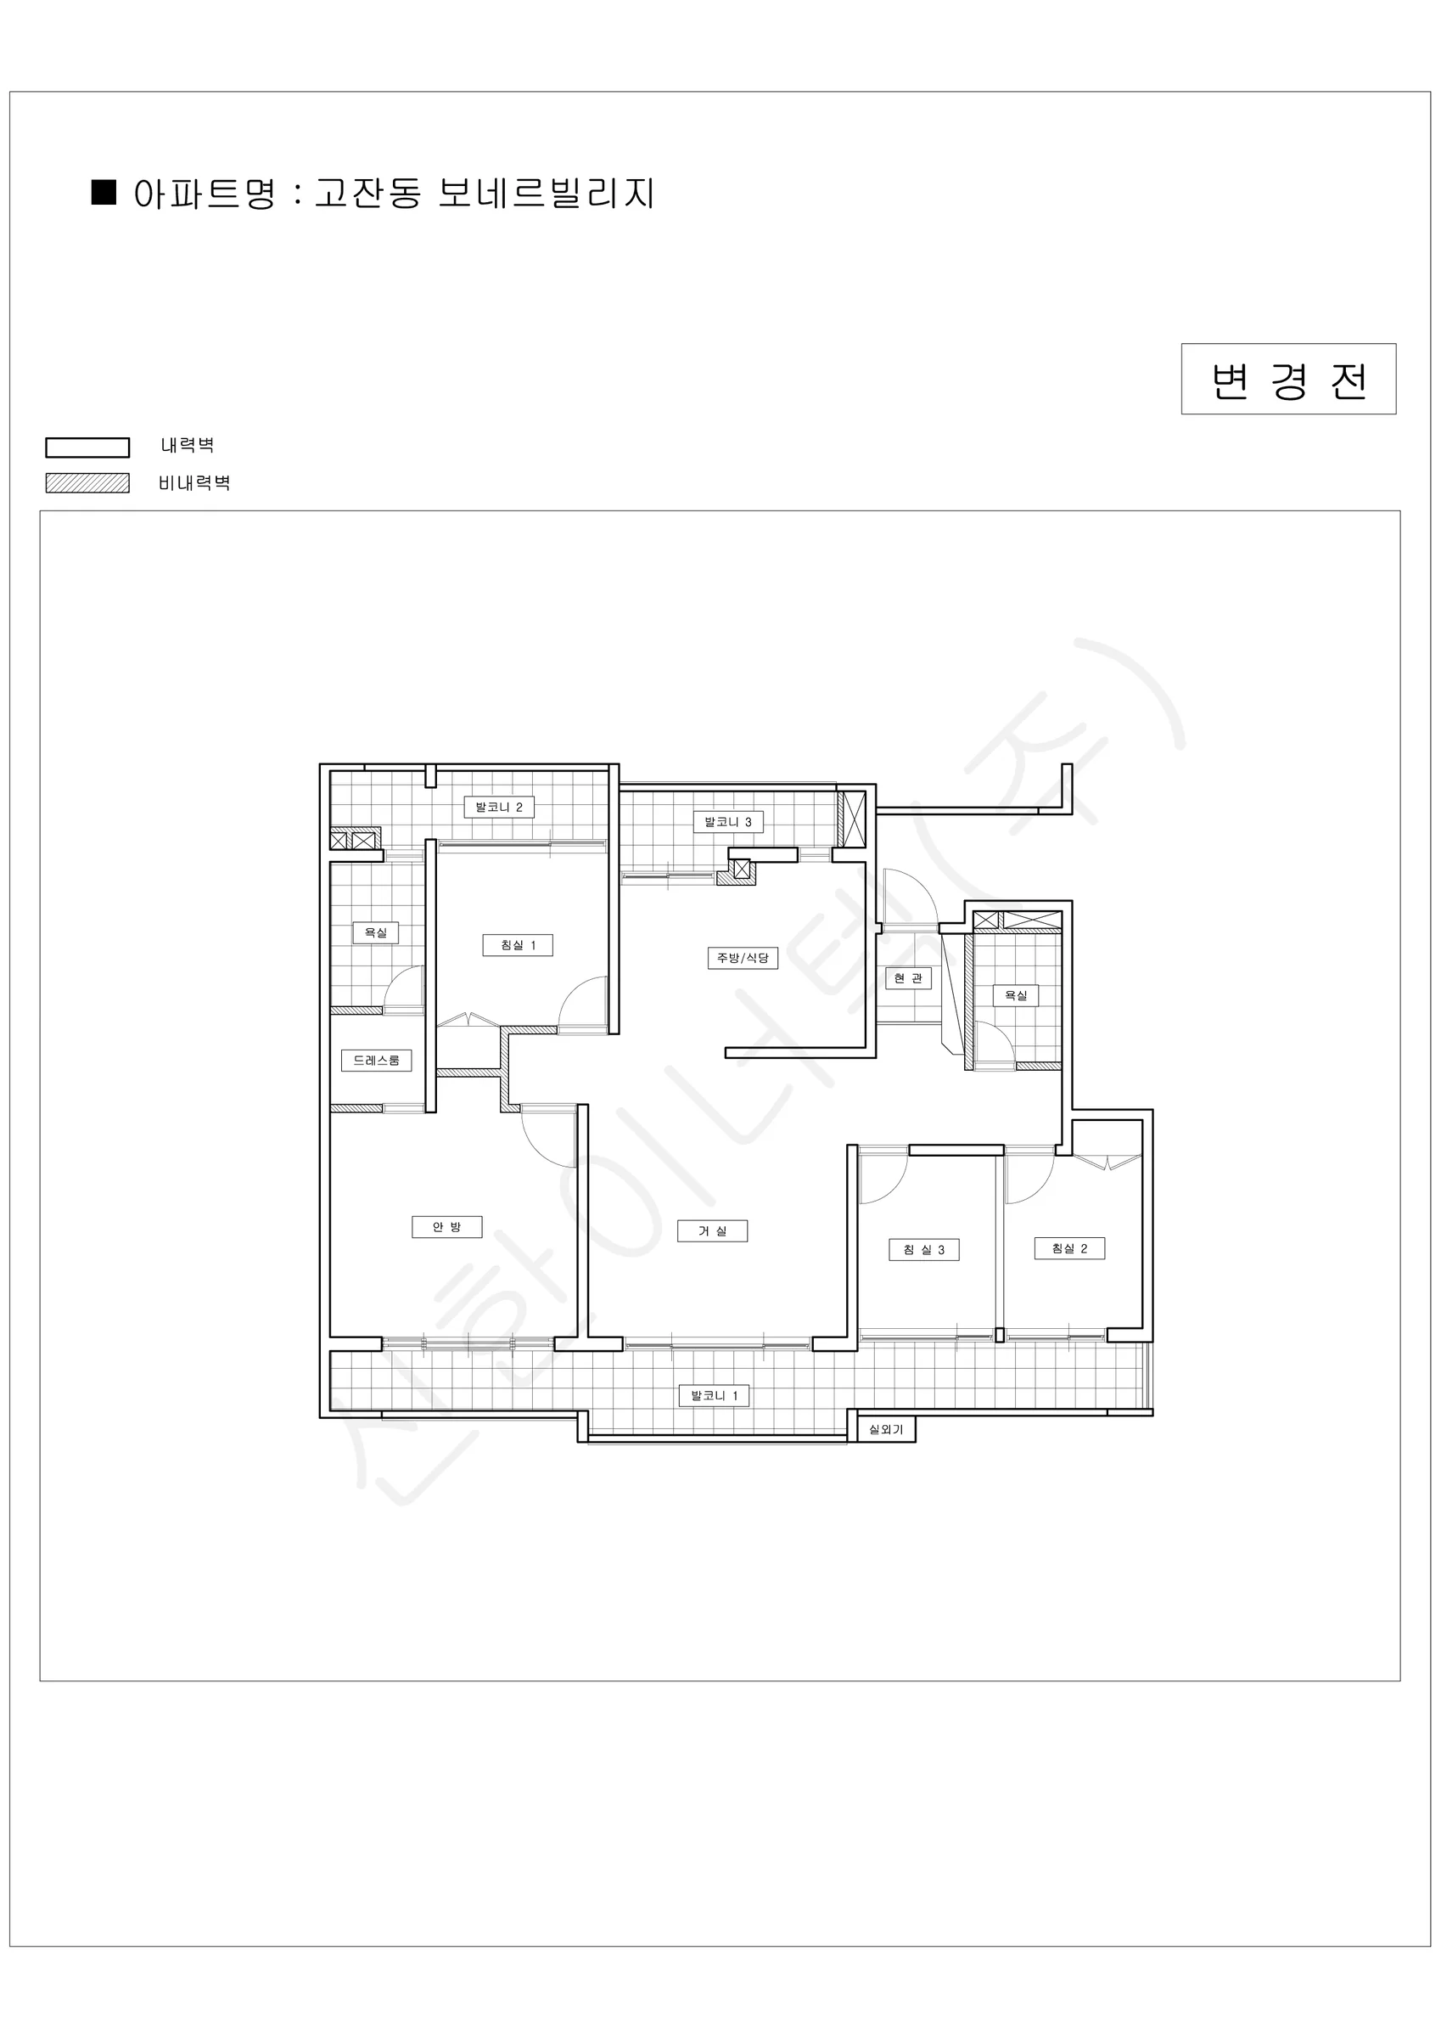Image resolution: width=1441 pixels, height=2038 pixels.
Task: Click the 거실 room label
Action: click(x=713, y=1231)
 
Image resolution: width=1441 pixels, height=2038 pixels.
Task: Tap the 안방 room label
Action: click(x=447, y=1228)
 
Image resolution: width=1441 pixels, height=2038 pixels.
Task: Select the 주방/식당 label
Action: click(x=743, y=958)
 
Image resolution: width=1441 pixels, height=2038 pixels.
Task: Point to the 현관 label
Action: click(x=908, y=978)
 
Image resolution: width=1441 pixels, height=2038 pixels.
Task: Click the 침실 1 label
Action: click(x=519, y=945)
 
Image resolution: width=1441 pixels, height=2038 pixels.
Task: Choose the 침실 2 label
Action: click(x=1069, y=1248)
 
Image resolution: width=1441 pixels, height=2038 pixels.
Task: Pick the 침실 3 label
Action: click(x=923, y=1250)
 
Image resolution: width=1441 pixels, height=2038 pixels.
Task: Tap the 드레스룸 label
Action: click(x=376, y=1060)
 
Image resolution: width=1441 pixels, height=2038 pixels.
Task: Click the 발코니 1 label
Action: click(x=715, y=1395)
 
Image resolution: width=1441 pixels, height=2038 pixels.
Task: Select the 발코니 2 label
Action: click(x=499, y=807)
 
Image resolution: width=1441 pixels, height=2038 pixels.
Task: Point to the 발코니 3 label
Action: click(x=727, y=822)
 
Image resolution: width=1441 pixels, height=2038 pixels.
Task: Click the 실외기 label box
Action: click(x=885, y=1429)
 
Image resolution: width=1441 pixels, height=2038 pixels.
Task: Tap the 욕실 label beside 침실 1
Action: click(x=375, y=933)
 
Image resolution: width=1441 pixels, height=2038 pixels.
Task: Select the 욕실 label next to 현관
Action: click(x=1015, y=996)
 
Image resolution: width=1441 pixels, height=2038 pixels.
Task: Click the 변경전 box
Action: click(x=1288, y=379)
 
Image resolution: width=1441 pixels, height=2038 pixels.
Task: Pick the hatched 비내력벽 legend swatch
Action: click(x=88, y=483)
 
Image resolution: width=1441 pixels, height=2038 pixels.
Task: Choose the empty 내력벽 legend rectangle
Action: click(x=88, y=447)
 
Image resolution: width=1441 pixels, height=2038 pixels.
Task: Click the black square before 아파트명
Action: click(x=104, y=192)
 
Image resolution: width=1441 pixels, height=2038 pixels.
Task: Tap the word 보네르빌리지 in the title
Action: click(x=547, y=194)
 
